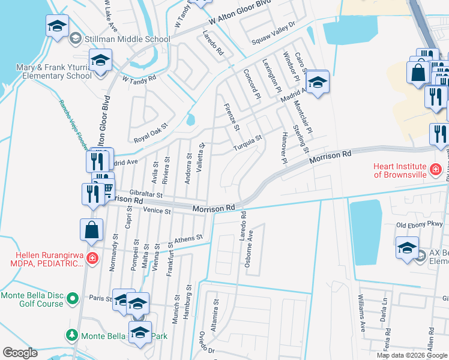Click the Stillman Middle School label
pyautogui.click(x=127, y=40)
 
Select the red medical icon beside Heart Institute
pyautogui.click(x=436, y=170)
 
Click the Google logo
pyautogui.click(x=20, y=353)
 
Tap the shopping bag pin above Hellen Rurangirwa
pyautogui.click(x=91, y=230)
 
